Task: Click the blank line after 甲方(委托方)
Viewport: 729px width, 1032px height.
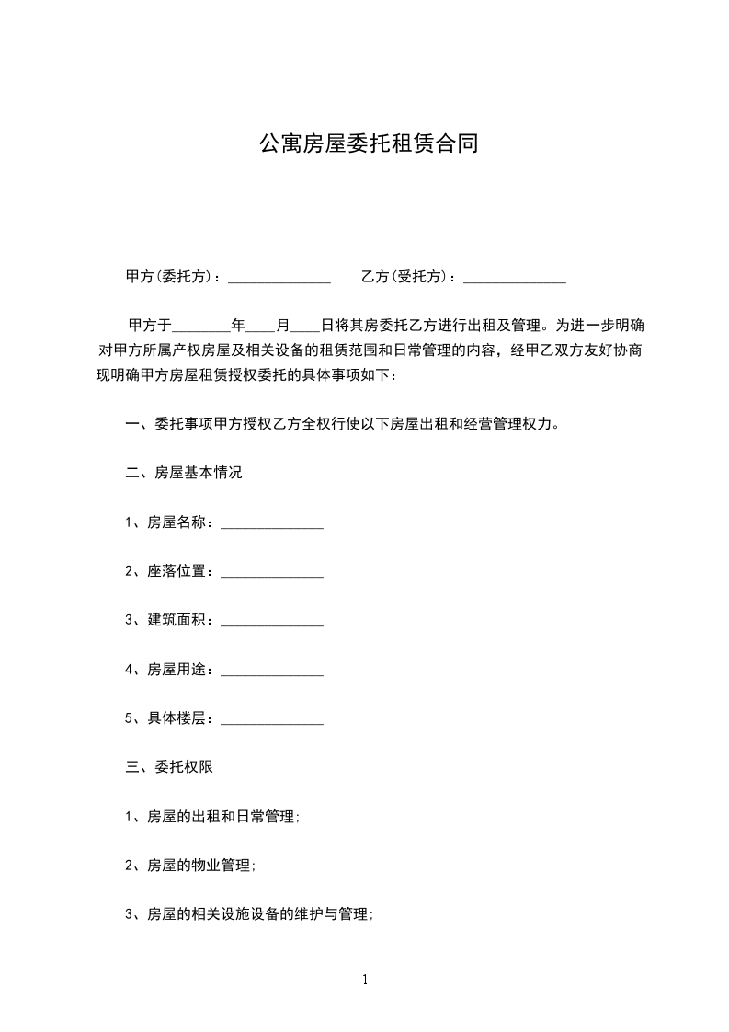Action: [x=279, y=277]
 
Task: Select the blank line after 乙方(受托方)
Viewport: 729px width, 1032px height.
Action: [x=514, y=277]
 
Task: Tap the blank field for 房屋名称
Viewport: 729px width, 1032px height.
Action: [x=272, y=523]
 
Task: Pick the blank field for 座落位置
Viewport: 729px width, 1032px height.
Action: [x=272, y=572]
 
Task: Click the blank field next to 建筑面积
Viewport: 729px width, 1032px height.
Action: [x=272, y=621]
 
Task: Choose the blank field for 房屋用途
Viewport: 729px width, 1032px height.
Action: [x=272, y=671]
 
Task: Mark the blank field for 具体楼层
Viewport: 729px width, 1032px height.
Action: [x=272, y=719]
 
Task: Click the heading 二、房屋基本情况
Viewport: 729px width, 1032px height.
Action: [x=183, y=474]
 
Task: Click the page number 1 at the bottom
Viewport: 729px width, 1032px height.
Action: [x=365, y=980]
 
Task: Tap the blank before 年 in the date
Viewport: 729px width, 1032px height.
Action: [x=201, y=326]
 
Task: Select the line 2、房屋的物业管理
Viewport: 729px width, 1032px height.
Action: [x=189, y=866]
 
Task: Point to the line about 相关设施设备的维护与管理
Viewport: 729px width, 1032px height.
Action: [x=248, y=914]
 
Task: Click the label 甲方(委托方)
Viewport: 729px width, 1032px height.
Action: [x=172, y=277]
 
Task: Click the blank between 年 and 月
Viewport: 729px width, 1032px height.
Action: [x=260, y=326]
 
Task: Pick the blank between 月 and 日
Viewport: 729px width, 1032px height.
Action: [x=305, y=326]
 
